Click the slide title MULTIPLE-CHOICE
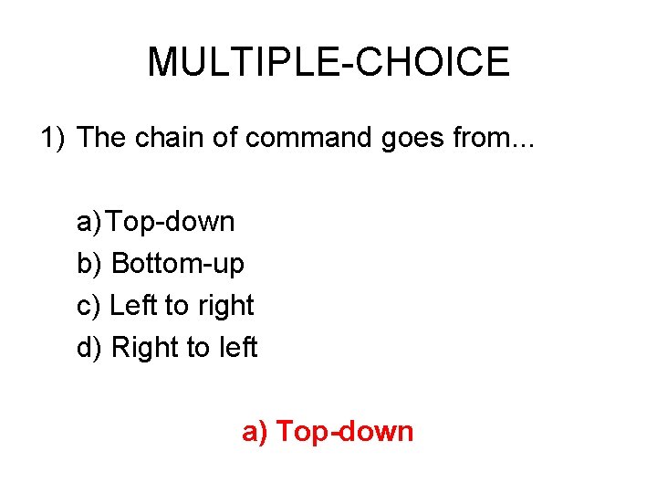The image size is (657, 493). (x=328, y=62)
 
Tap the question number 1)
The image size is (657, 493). (x=53, y=138)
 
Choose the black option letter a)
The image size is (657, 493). (x=90, y=222)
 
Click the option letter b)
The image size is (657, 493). (x=90, y=264)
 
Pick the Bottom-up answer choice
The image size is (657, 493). (x=178, y=265)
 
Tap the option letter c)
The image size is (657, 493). (x=89, y=306)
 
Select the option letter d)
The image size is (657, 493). (x=90, y=348)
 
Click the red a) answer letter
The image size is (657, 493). (x=255, y=432)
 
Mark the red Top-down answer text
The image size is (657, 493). (x=345, y=432)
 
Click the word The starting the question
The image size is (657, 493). (x=103, y=138)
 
